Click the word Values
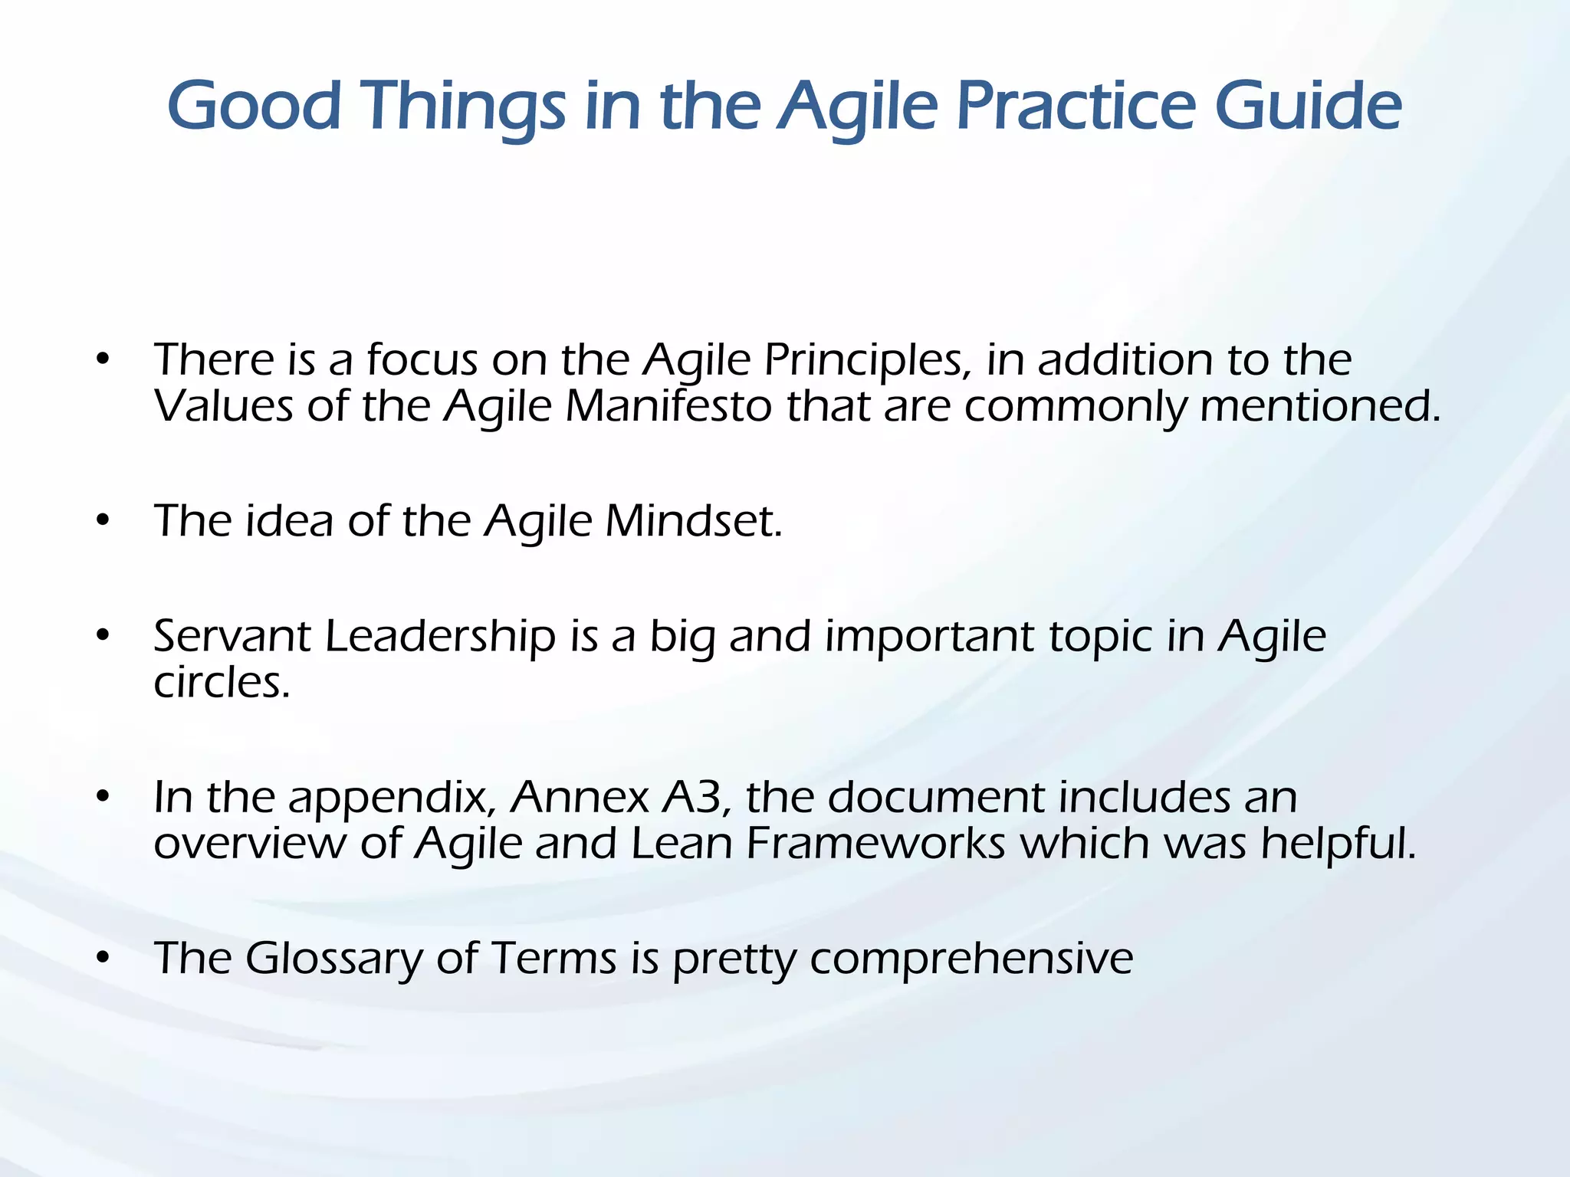click(223, 406)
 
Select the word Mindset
click(693, 521)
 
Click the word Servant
click(232, 636)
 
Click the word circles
click(222, 682)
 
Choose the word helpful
click(1338, 843)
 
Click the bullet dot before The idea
click(103, 521)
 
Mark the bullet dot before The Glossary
click(103, 958)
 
